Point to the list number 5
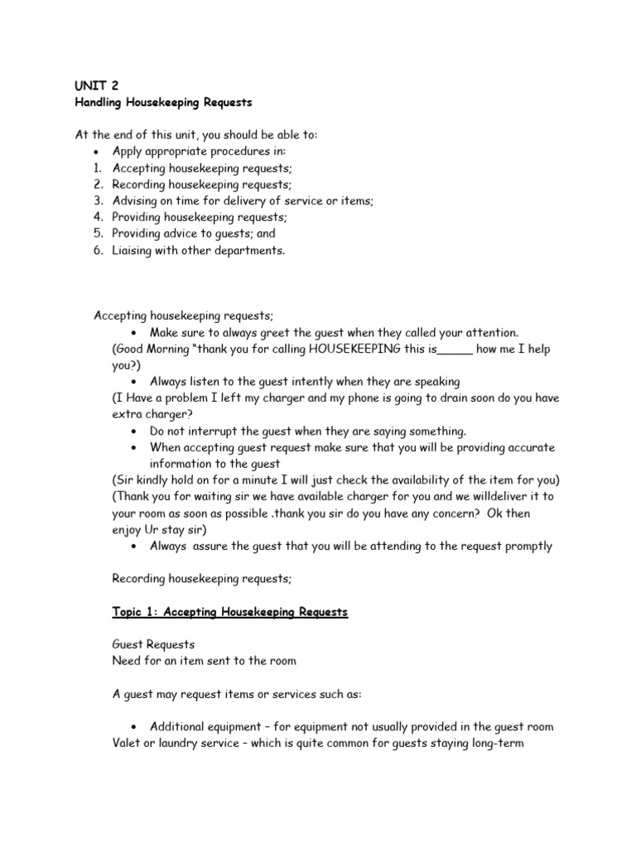click(x=98, y=234)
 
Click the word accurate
click(x=528, y=447)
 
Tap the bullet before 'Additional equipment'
click(x=134, y=727)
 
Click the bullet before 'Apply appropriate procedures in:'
click(x=98, y=152)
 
